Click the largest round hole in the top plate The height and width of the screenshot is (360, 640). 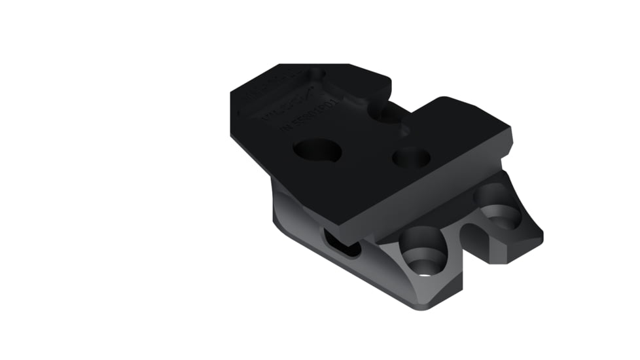point(317,151)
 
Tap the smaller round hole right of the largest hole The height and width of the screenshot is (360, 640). point(411,157)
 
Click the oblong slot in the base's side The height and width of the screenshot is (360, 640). point(342,244)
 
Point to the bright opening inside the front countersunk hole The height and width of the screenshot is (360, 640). point(425,270)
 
